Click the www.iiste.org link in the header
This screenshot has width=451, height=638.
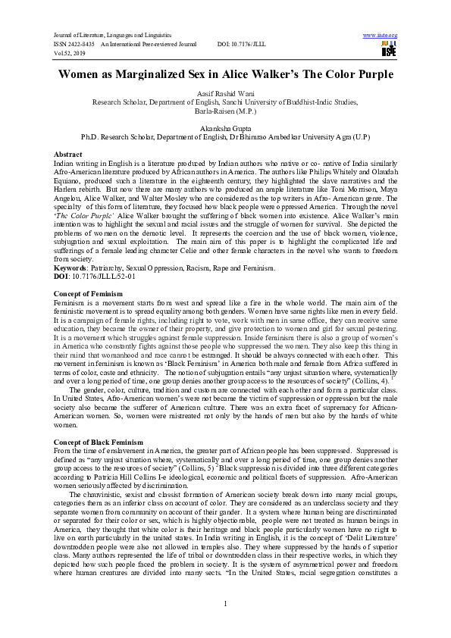coord(381,36)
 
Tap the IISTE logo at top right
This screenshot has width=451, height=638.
coord(390,50)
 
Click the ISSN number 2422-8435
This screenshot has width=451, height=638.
coord(83,45)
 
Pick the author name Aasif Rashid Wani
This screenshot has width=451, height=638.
coord(225,92)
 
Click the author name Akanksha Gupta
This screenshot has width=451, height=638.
coord(225,128)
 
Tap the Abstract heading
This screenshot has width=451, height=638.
coord(69,154)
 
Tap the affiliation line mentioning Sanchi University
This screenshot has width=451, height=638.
coord(225,102)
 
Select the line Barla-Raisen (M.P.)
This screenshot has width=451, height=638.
coord(225,111)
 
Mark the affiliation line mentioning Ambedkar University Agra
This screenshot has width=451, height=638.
coord(225,137)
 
